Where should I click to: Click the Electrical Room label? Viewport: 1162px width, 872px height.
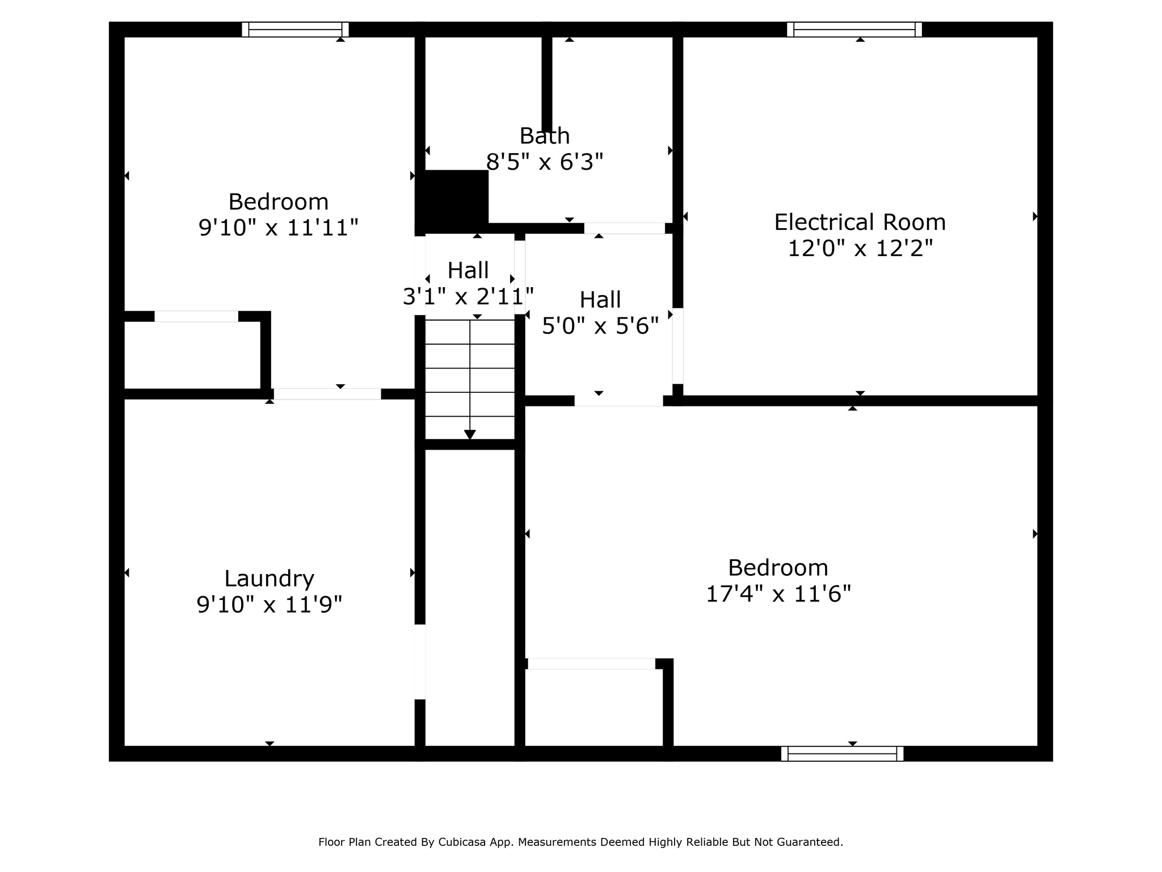click(x=860, y=222)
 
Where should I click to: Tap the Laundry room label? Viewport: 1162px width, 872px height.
click(x=269, y=578)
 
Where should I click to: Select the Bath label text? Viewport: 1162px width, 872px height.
click(x=545, y=136)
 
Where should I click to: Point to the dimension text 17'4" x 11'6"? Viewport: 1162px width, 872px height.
click(x=778, y=594)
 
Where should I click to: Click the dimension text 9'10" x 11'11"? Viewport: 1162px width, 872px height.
click(x=278, y=228)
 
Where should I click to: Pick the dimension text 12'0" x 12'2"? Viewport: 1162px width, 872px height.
click(x=860, y=248)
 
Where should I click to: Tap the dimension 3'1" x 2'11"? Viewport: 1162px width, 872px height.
click(x=468, y=296)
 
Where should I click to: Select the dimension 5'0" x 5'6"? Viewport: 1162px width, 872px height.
click(x=600, y=326)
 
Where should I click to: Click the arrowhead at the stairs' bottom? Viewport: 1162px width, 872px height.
click(x=470, y=434)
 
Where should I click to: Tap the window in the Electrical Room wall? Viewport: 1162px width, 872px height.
click(x=854, y=30)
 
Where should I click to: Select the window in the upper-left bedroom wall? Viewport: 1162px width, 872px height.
click(x=295, y=30)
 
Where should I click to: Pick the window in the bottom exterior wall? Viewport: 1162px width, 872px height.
click(x=842, y=753)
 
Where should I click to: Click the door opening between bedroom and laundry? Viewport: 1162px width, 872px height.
click(x=327, y=394)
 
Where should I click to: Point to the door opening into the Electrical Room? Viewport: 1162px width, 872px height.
click(x=677, y=346)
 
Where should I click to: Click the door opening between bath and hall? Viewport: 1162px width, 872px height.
click(x=624, y=228)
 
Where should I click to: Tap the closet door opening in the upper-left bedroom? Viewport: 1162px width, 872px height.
click(x=196, y=317)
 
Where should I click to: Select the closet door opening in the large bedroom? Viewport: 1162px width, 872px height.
click(x=591, y=664)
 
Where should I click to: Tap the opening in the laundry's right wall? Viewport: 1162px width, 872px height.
click(x=420, y=661)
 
